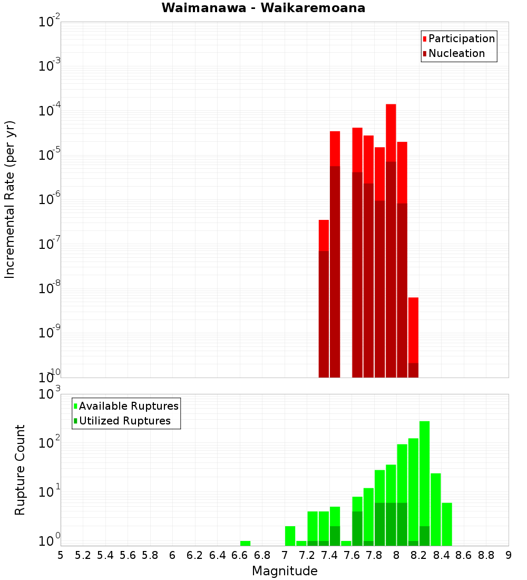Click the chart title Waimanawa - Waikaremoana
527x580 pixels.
(263, 8)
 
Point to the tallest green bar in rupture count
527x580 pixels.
(424, 475)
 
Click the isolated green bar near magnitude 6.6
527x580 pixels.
(245, 543)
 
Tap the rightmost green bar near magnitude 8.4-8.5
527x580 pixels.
(447, 522)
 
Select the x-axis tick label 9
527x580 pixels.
(509, 555)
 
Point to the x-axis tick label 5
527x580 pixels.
(61, 555)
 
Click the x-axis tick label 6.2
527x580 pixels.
(195, 555)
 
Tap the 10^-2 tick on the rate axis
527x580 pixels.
(50, 22)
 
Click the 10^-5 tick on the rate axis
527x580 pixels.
(50, 156)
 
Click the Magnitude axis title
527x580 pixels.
(285, 571)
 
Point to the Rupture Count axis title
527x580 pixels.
(20, 469)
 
